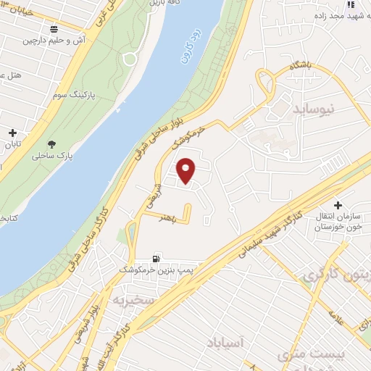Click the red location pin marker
click(x=188, y=171)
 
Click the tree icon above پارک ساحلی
click(x=51, y=143)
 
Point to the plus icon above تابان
click(x=12, y=133)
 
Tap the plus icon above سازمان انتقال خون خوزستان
click(x=338, y=205)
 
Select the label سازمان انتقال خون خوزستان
click(x=338, y=222)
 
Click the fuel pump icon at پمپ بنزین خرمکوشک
click(x=156, y=259)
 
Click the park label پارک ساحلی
click(x=55, y=156)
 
